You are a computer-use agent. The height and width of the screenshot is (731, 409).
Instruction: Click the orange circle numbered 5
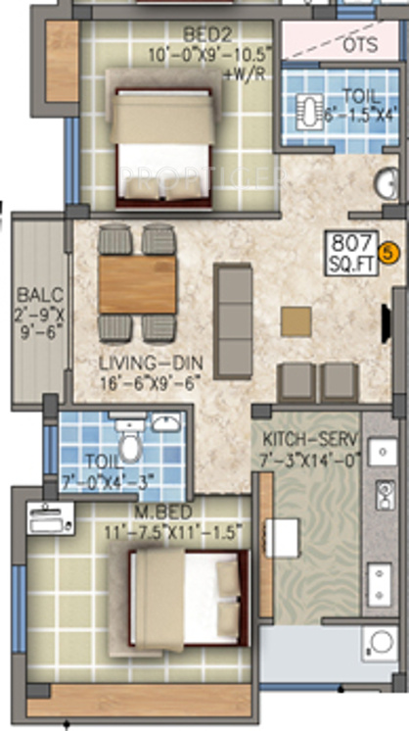point(388,253)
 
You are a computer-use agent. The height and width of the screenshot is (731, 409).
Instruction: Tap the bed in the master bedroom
point(185,598)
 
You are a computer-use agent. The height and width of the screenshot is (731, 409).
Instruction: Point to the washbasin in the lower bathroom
point(164,423)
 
